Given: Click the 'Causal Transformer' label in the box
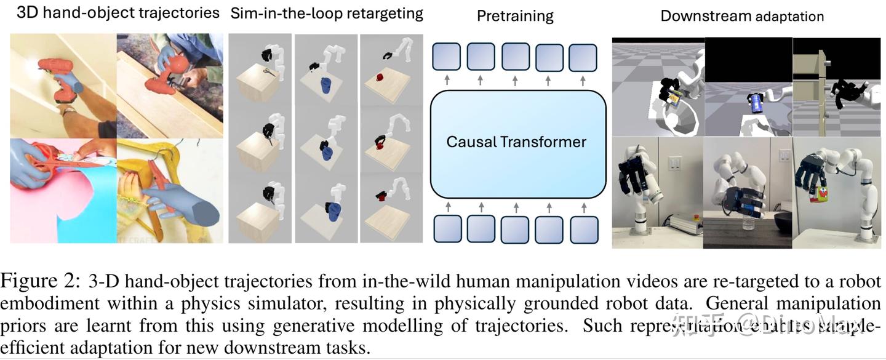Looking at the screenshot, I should pos(516,142).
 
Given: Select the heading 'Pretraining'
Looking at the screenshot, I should pos(515,17).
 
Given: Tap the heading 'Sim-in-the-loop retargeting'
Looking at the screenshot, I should pos(327,14).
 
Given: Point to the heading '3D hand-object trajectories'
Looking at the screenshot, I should pos(118,13).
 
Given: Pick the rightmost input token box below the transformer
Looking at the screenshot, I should pos(584,229).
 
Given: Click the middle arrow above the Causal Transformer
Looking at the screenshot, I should pos(515,81).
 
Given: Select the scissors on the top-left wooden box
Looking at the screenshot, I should pos(269,72).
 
